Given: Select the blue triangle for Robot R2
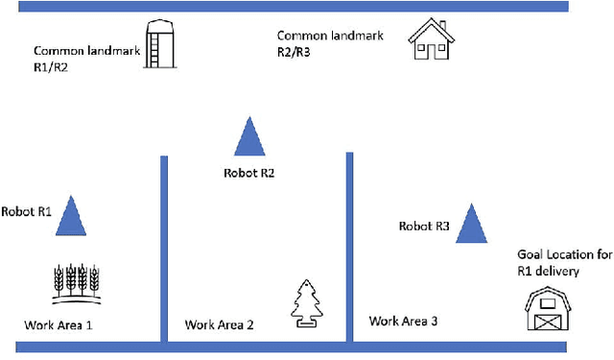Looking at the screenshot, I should (x=249, y=137).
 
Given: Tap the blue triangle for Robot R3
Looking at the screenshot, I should (x=472, y=224).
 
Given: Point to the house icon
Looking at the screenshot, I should (x=430, y=41).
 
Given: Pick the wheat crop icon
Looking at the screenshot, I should (x=74, y=282).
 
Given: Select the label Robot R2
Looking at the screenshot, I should (x=249, y=174).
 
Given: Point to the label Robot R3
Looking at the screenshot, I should (x=424, y=226).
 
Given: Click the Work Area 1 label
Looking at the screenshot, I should (x=59, y=324).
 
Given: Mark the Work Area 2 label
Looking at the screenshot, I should (x=220, y=324).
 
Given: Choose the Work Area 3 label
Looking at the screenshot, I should (x=403, y=321).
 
